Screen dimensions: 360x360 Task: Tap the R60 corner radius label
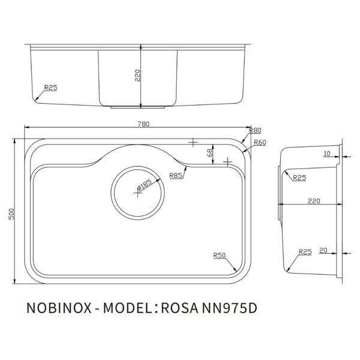(x=259, y=142)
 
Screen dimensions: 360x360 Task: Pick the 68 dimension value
(x=210, y=154)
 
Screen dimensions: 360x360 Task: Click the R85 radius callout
(x=176, y=175)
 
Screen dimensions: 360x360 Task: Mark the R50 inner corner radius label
(x=219, y=256)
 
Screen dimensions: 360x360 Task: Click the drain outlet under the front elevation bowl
(x=139, y=107)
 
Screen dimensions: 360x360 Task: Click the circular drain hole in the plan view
(x=139, y=191)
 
